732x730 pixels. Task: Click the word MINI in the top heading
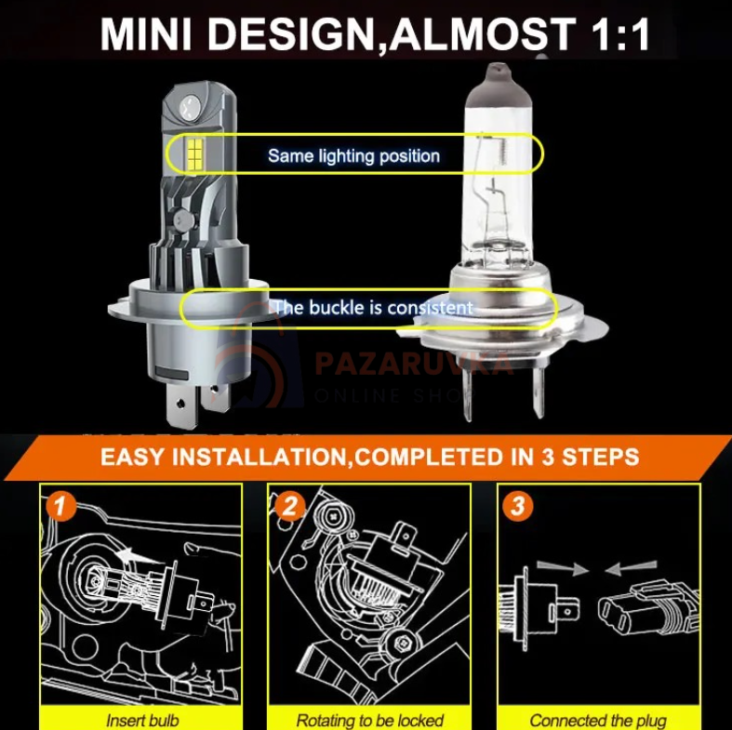(146, 34)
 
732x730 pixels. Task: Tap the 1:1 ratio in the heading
(621, 34)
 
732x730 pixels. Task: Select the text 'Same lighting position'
(353, 156)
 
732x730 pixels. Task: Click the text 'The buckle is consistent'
(374, 308)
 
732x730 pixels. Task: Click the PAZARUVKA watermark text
(414, 364)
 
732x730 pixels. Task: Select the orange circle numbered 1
(60, 506)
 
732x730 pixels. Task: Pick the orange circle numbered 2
(290, 506)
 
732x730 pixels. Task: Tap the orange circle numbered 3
(518, 506)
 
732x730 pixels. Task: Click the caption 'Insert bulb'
(142, 720)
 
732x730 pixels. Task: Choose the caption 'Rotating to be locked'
(370, 720)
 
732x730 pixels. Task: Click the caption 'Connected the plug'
(598, 720)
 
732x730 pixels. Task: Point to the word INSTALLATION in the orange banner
(260, 457)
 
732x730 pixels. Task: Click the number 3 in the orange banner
(548, 457)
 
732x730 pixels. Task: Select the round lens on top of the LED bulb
(190, 106)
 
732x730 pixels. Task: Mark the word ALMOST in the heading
(483, 34)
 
